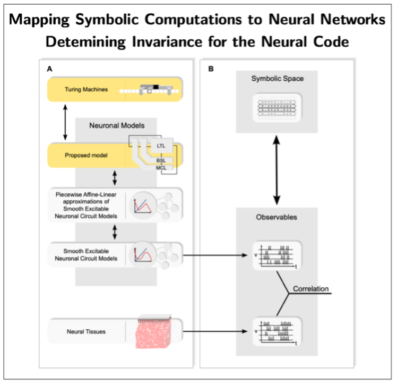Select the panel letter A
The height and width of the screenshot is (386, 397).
49,69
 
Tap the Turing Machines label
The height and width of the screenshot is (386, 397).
86,90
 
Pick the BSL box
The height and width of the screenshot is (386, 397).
161,159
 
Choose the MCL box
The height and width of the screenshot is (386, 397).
161,167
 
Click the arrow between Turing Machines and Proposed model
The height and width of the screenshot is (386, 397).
65,122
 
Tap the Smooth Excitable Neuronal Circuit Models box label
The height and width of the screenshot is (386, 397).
86,254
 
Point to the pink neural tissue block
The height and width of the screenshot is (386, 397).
154,333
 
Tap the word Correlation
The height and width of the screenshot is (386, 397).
310,289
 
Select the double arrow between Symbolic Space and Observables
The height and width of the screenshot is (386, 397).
277,170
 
